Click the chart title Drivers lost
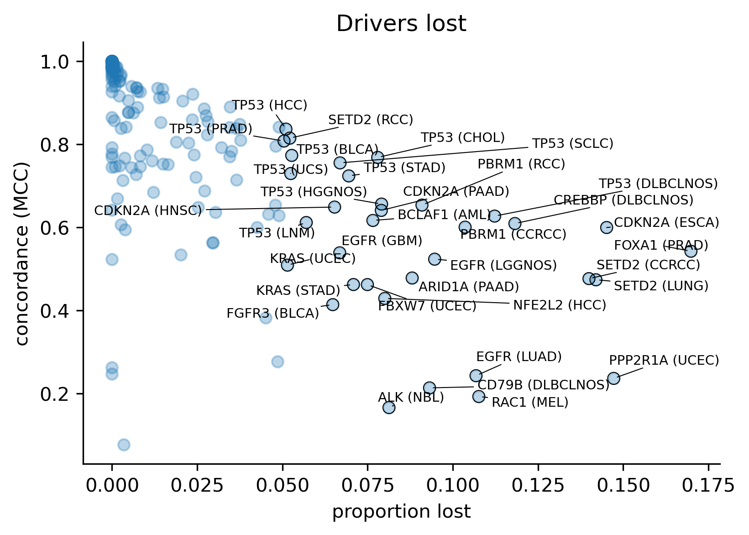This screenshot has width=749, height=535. (401, 24)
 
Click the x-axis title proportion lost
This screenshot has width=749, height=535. (401, 512)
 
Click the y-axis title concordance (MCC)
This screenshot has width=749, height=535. (22, 253)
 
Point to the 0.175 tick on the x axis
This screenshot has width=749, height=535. (708, 485)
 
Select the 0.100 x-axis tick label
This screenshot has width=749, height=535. (453, 485)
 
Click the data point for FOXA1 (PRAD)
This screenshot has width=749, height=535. (691, 251)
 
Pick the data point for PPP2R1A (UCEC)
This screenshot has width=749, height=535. (613, 378)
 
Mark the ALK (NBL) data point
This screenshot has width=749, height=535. (389, 407)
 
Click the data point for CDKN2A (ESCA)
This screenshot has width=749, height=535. (606, 227)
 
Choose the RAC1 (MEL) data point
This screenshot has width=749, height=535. (478, 396)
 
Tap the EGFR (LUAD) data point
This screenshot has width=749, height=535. (476, 376)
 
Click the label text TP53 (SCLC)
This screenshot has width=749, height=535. (573, 143)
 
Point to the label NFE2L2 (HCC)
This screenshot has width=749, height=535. (560, 305)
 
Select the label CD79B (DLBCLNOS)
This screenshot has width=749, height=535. (544, 385)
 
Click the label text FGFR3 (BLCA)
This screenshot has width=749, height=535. (272, 314)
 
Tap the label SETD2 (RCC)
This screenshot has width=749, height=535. (371, 120)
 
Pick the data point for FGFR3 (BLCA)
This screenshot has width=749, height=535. (333, 304)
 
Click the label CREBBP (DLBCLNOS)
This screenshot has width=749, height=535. (623, 200)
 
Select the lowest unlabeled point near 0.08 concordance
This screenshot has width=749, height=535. (124, 445)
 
